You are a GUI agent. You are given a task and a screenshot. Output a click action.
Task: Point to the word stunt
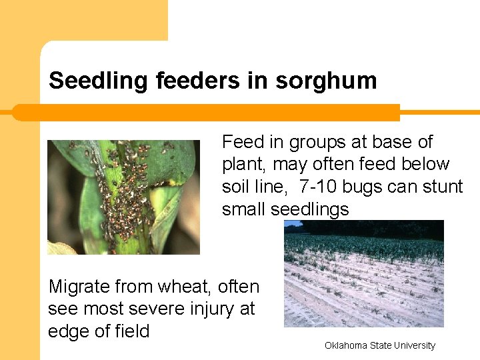pyautogui.click(x=441, y=187)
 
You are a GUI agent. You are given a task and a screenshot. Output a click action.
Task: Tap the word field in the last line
pyautogui.click(x=129, y=331)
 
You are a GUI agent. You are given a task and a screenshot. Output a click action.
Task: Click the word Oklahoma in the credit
pyautogui.click(x=347, y=345)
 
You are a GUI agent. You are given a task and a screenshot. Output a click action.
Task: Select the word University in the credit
pyautogui.click(x=413, y=345)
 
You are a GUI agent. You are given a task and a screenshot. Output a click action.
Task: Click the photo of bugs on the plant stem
pyautogui.click(x=123, y=197)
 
